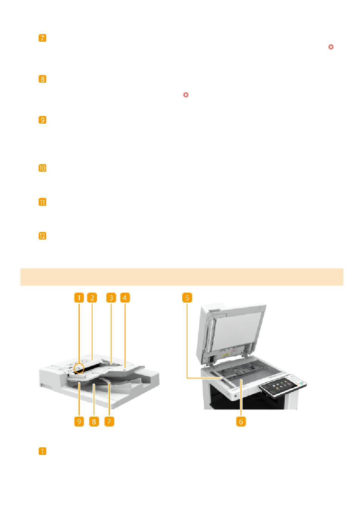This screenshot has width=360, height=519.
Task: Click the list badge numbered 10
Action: click(42, 168)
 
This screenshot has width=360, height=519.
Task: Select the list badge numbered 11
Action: click(42, 202)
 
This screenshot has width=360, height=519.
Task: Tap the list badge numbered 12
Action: click(42, 236)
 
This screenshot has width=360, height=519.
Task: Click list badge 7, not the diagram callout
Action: click(42, 38)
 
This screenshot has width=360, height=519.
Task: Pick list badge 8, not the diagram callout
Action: click(42, 79)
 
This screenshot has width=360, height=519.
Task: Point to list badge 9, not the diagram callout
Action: click(42, 120)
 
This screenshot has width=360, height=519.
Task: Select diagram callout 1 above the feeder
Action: click(79, 298)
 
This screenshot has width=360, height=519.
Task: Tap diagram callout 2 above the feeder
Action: click(92, 298)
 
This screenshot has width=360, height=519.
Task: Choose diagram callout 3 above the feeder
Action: click(111, 298)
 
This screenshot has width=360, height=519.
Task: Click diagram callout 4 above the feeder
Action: click(125, 298)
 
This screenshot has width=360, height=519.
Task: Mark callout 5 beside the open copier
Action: click(187, 298)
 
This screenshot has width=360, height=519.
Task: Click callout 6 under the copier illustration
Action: click(241, 422)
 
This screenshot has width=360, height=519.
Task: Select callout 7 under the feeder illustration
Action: click(110, 422)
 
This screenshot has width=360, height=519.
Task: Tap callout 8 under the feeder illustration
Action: click(94, 422)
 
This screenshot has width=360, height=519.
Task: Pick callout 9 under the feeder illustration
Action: click(79, 422)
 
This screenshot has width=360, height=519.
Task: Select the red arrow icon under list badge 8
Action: click(186, 95)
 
